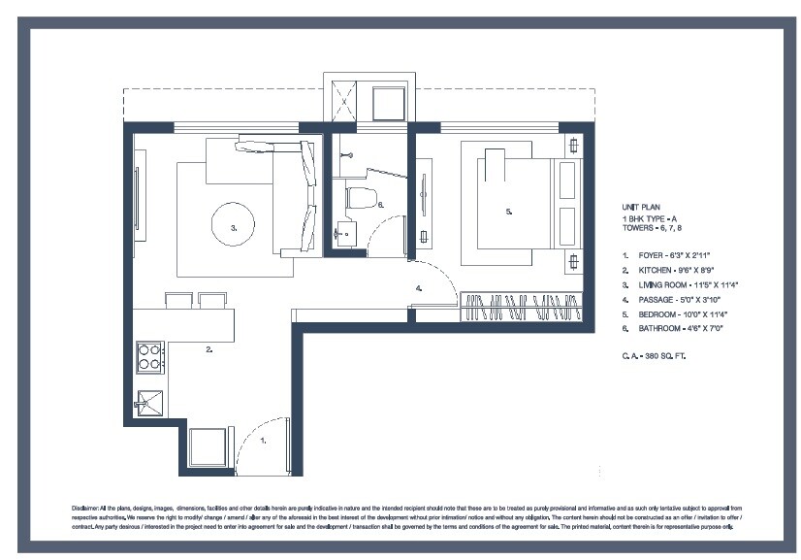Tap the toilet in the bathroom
pos(361,199)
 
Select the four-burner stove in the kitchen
pos(150,357)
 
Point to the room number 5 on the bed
pos(508,211)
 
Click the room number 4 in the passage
pos(418,288)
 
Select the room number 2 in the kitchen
pos(208,349)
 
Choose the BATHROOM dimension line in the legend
pos(678,330)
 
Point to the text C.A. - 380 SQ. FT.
pos(659,356)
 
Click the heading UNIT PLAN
pos(641,208)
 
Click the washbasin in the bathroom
pos(346,234)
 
